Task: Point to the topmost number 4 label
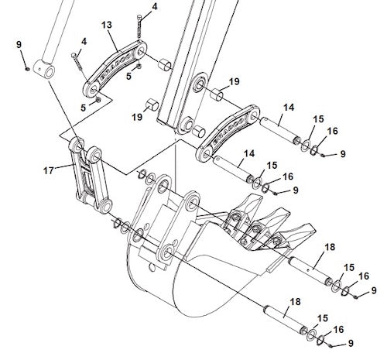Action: click(154, 7)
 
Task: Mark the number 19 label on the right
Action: click(234, 81)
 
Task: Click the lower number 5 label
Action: click(85, 109)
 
